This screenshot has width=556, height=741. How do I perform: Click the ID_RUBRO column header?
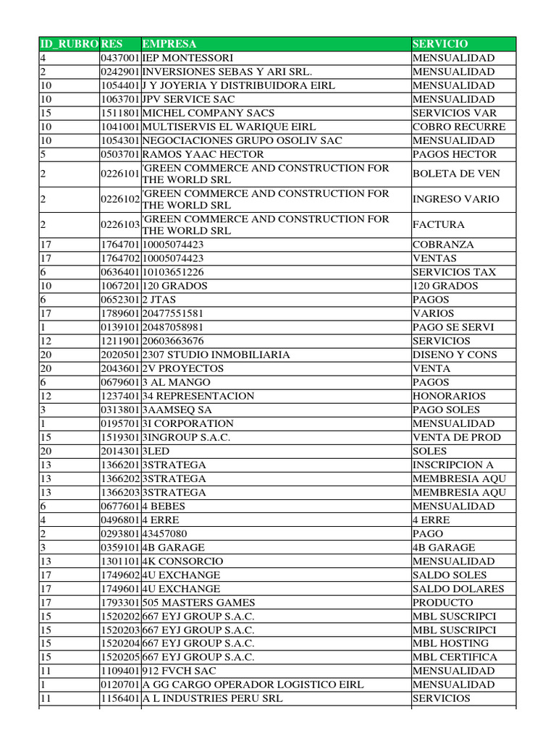[68, 44]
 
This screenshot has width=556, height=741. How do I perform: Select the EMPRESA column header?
[169, 44]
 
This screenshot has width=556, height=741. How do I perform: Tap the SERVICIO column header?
[440, 44]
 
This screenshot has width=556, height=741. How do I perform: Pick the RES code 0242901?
[120, 72]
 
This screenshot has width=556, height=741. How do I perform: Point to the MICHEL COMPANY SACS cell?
[208, 113]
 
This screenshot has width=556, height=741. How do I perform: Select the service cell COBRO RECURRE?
[459, 127]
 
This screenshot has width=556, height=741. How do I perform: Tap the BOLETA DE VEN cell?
[456, 174]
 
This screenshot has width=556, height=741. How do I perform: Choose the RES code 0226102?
[120, 199]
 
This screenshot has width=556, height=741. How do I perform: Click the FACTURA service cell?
[438, 224]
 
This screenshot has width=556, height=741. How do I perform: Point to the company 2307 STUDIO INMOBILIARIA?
[216, 355]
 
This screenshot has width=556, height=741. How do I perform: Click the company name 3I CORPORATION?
[188, 423]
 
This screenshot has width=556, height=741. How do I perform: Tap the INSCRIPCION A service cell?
[453, 465]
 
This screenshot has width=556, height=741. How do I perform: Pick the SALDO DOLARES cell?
[458, 588]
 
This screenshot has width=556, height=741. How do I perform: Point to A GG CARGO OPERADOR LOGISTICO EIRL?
[253, 685]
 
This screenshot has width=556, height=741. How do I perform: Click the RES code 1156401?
[120, 698]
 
